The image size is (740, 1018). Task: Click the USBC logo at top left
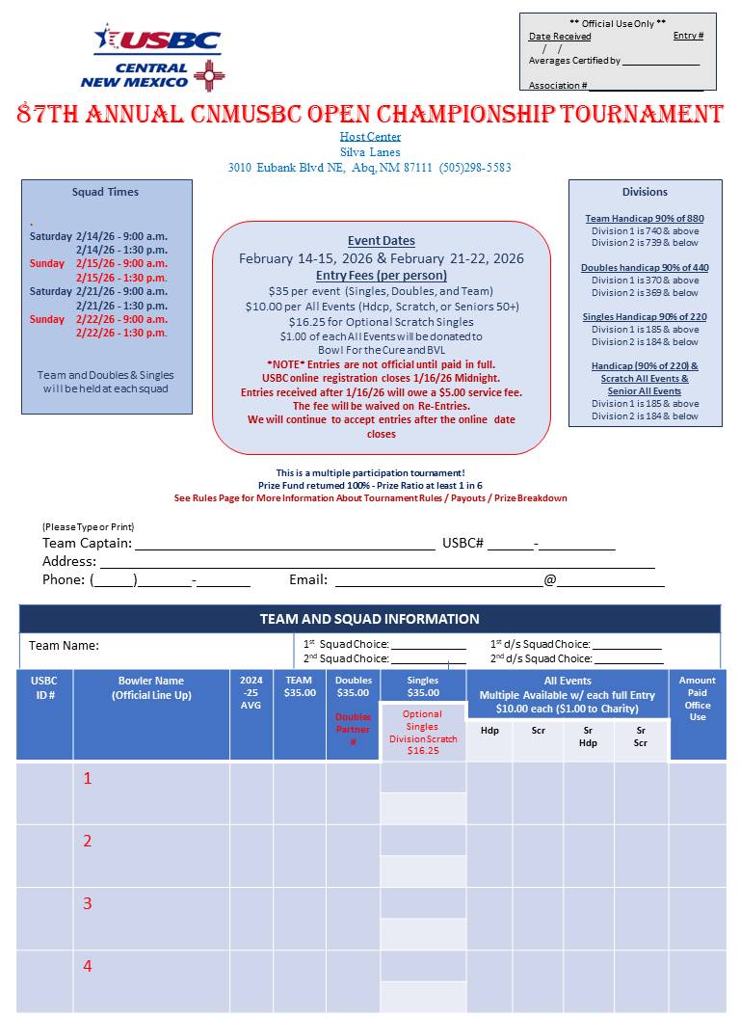tap(157, 42)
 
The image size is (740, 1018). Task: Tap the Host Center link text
tap(370, 137)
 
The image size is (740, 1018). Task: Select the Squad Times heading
tap(105, 192)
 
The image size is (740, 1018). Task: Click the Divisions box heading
tap(645, 192)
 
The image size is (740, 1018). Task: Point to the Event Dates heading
tap(381, 241)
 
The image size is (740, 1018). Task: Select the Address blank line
tap(376, 563)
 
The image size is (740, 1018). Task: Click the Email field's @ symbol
tap(549, 580)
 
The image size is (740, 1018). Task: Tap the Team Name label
tap(64, 646)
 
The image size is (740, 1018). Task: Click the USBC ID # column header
tap(44, 687)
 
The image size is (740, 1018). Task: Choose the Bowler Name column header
tap(151, 687)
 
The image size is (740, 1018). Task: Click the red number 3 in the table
tap(88, 903)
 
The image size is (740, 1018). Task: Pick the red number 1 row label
tap(88, 778)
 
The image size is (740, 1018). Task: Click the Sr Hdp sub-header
tap(588, 737)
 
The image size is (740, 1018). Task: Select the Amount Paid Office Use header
tap(698, 698)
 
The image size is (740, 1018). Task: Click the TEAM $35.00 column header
tap(299, 686)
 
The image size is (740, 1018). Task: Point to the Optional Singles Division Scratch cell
tap(422, 732)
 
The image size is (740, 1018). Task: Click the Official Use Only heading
tap(618, 23)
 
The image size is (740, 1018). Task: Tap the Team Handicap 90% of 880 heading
tap(645, 219)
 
